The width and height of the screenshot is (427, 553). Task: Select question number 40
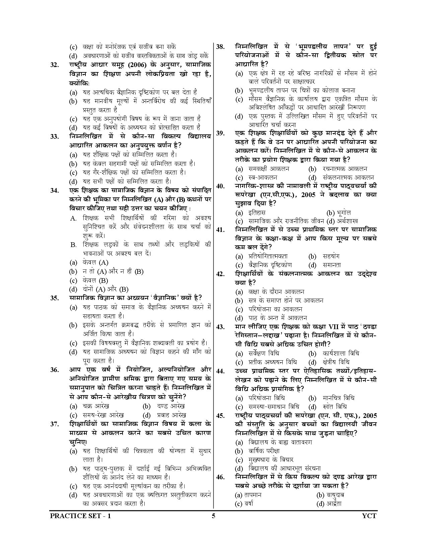tap(220, 186)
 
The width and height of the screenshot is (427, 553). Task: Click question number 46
tap(220, 478)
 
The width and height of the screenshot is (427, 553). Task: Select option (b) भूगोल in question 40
tap(338, 212)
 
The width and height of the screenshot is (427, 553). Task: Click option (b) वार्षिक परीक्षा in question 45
tap(258, 451)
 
